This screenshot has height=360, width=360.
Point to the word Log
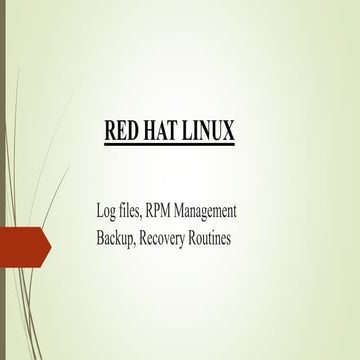pos(96,211)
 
